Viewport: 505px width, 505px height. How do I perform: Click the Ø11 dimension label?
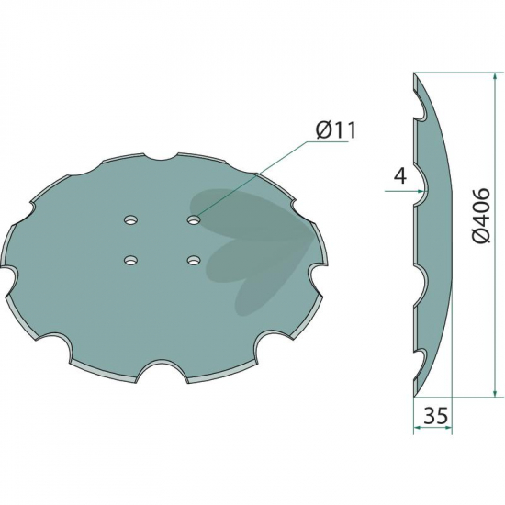click(x=336, y=130)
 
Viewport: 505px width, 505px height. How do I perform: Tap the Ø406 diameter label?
click(x=482, y=216)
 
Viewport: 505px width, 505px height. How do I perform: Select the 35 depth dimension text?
click(x=435, y=415)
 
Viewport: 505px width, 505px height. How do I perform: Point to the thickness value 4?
click(x=399, y=176)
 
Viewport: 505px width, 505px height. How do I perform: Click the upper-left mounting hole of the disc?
click(x=130, y=220)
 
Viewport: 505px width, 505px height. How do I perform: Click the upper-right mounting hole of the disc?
click(x=194, y=220)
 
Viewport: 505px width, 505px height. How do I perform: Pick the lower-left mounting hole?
click(x=130, y=260)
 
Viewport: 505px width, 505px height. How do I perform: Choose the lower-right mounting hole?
click(x=194, y=260)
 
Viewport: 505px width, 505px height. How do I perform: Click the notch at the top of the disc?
click(x=161, y=155)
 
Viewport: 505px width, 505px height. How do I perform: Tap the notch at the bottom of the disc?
click(x=162, y=370)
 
